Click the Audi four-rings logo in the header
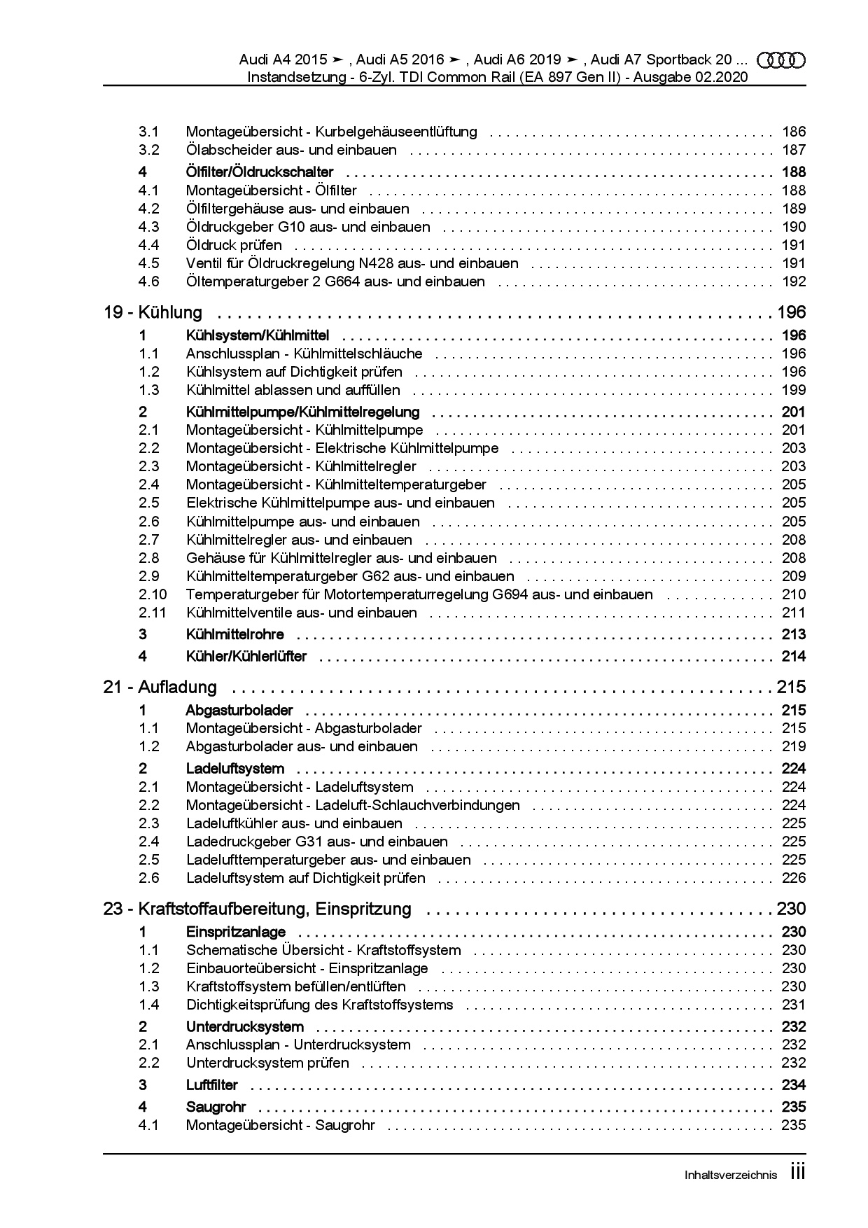(x=781, y=61)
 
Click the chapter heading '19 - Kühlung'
(x=153, y=312)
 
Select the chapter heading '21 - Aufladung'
(x=160, y=687)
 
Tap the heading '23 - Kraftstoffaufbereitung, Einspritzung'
(x=257, y=909)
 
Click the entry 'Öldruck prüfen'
(x=234, y=245)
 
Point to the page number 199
(x=794, y=390)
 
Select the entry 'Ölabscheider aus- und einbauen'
(x=291, y=150)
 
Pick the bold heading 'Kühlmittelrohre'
(x=234, y=634)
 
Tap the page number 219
(x=794, y=746)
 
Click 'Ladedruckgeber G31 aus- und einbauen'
(x=316, y=842)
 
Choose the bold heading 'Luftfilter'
(x=211, y=1084)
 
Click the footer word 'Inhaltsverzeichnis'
(x=730, y=1175)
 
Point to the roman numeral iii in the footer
(x=798, y=1172)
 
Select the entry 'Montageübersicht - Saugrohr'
(x=280, y=1125)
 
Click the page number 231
(x=794, y=1005)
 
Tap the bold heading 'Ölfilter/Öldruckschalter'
(x=260, y=172)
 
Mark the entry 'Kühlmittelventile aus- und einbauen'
(x=301, y=613)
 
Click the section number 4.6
(x=148, y=281)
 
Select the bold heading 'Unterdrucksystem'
(x=244, y=1026)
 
